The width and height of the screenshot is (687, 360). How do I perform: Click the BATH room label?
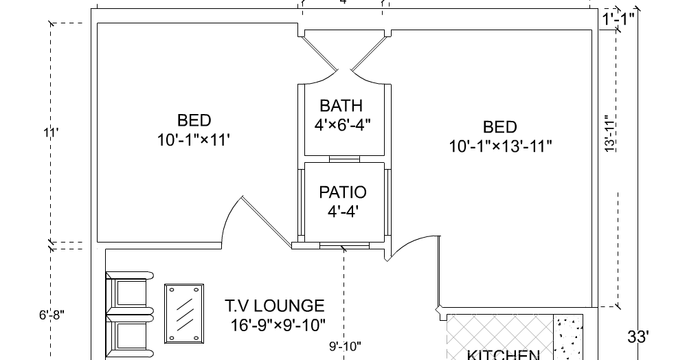[341, 106]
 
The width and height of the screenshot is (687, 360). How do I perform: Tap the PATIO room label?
[343, 192]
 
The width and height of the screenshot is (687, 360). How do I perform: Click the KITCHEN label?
[504, 355]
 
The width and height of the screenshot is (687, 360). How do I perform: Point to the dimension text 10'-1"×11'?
[193, 140]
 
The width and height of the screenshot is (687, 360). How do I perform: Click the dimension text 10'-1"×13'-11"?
[501, 146]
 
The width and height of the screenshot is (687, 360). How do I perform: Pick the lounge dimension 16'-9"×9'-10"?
[278, 324]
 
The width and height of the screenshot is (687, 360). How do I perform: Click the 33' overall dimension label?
[638, 337]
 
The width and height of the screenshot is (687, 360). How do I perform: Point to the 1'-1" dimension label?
[618, 20]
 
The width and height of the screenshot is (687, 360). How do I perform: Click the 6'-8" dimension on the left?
[52, 315]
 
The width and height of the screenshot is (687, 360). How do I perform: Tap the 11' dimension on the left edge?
[49, 133]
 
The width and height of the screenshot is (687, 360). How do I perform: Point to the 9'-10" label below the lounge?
[345, 347]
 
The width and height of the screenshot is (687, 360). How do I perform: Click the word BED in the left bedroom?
[194, 121]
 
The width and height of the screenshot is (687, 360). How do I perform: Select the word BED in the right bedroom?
[500, 127]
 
